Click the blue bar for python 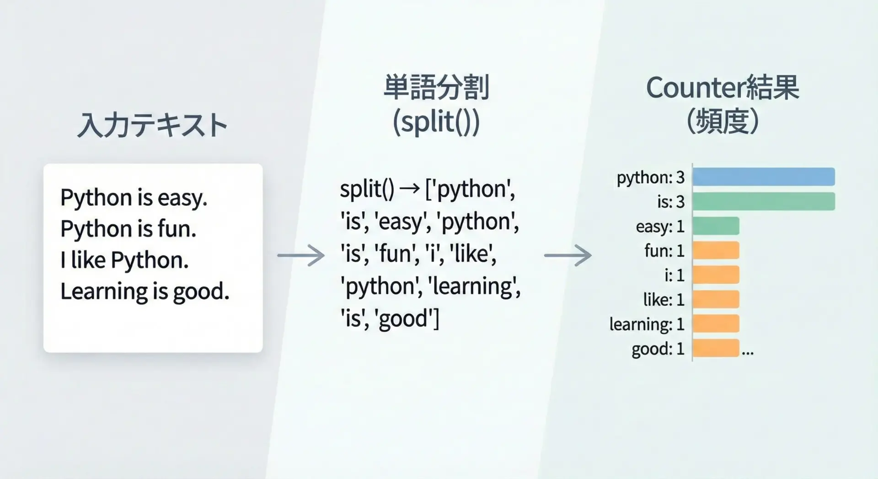pos(764,177)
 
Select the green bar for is pos(764,201)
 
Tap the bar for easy pos(716,226)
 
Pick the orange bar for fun pos(716,250)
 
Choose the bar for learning pos(716,323)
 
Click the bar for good pos(716,348)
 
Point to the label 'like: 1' pos(664,300)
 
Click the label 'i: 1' pos(675,275)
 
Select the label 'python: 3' pos(651,178)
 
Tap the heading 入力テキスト pos(152,125)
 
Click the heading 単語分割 pos(436,87)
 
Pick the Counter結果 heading pos(723,87)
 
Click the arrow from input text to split pos(301,255)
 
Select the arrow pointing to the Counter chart pos(568,255)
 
